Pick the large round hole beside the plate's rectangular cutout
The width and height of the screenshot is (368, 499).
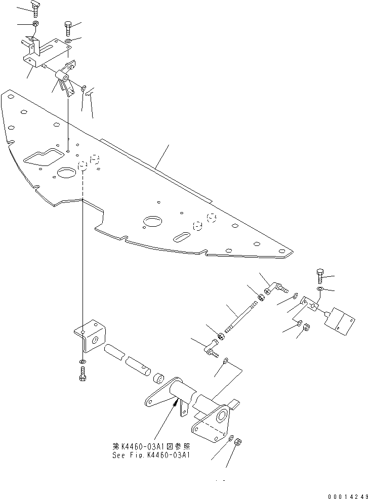66,173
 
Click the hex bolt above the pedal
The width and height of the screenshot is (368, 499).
319,276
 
